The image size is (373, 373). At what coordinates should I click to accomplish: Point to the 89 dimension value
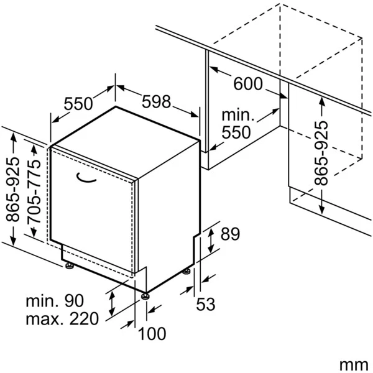(230, 234)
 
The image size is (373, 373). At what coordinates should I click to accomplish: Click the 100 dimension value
(152, 334)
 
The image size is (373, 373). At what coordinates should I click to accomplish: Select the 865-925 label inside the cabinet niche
(321, 153)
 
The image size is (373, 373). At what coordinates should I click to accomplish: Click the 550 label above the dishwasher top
(78, 104)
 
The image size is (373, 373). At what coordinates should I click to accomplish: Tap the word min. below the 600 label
(237, 116)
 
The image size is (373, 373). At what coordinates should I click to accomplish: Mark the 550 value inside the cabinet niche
(237, 132)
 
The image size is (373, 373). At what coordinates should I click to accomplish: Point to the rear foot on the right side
(186, 272)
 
